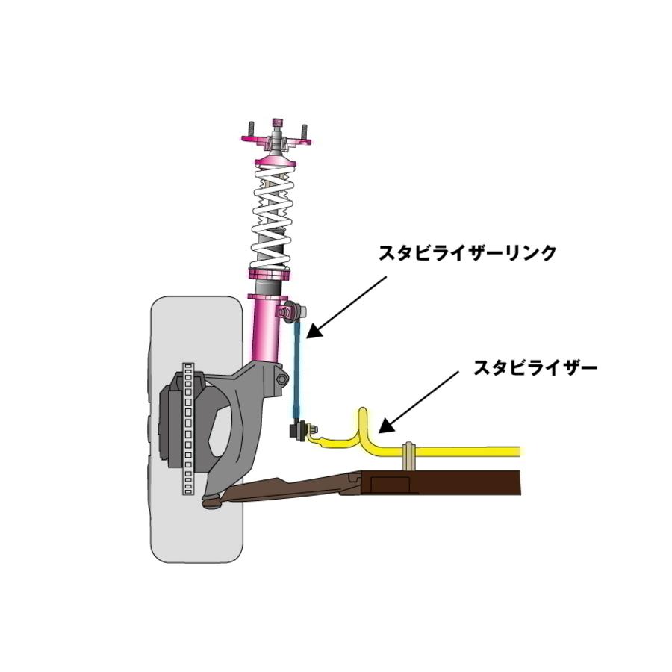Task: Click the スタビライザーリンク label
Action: coord(467,253)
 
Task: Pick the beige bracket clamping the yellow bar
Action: coord(408,458)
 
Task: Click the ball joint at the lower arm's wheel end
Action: coord(211,503)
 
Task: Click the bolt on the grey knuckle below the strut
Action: coord(281,380)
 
